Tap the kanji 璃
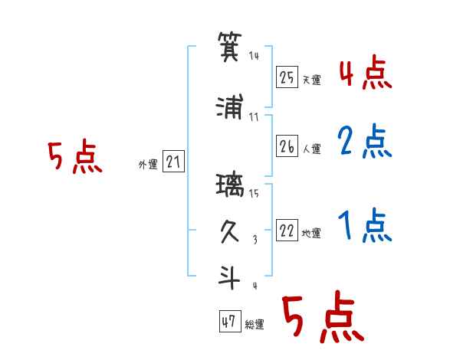231,186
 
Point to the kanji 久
231,232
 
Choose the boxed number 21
173,162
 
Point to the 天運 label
311,79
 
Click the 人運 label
311,149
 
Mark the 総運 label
255,325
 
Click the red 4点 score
365,74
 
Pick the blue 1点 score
365,226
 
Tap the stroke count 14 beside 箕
254,56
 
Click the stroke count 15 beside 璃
254,193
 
